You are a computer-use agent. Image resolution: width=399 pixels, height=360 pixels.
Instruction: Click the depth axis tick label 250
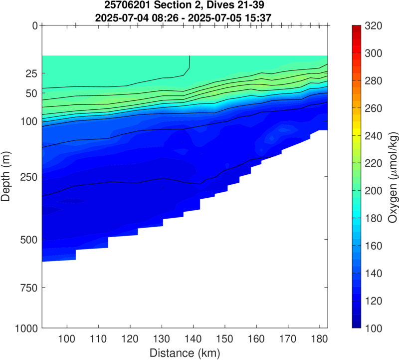tap(28, 177)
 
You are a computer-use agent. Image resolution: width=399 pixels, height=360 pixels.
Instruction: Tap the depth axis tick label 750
tap(28, 288)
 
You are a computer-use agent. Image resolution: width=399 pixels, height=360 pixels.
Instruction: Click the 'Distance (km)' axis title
tap(185, 353)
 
